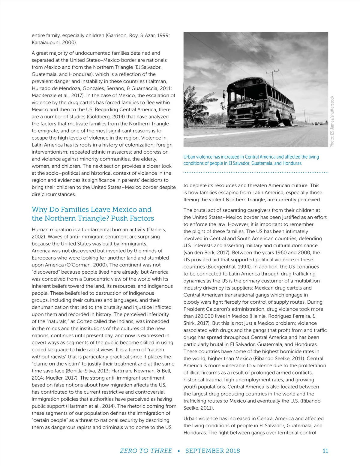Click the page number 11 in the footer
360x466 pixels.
325,451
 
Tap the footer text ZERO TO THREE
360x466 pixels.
146,451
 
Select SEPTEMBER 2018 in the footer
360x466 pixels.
213,451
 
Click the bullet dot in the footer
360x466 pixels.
179,451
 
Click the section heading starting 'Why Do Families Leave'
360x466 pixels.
93,214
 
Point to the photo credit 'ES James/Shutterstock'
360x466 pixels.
332,122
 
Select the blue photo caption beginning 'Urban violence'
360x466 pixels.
251,160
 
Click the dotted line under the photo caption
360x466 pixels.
256,173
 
